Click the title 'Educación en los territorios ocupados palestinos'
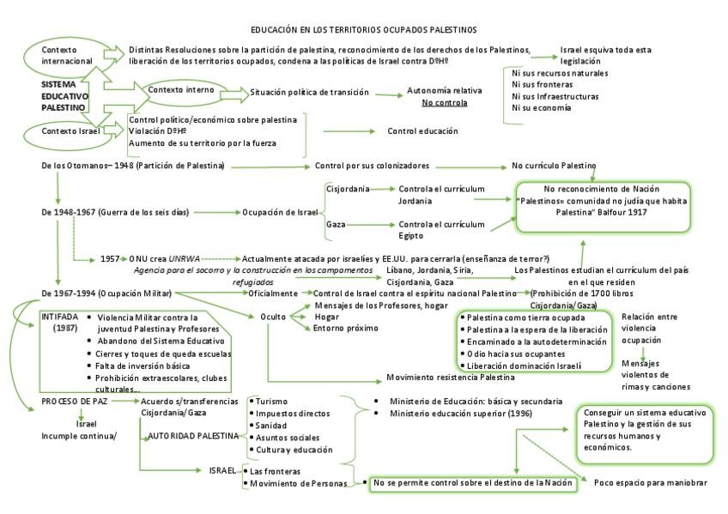[364, 30]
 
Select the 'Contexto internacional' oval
[65, 56]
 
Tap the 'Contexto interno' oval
[181, 90]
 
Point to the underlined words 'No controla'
[444, 103]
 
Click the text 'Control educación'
[422, 131]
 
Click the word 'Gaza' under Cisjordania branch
[336, 224]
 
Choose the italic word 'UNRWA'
[185, 257]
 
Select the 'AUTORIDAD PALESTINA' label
[193, 436]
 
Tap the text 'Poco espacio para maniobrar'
[650, 482]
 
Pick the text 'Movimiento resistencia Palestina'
[450, 378]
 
